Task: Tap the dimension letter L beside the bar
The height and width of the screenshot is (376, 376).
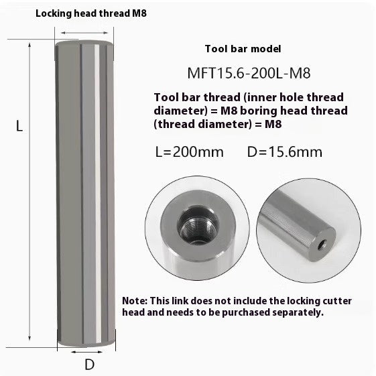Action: pyautogui.click(x=19, y=126)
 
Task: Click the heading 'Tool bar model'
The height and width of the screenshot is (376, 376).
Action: pyautogui.click(x=242, y=49)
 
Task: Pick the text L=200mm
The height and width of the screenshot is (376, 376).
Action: pyautogui.click(x=189, y=151)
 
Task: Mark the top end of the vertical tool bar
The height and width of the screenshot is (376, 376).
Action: pyautogui.click(x=84, y=44)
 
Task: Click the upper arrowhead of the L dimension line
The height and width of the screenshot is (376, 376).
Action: pyautogui.click(x=31, y=44)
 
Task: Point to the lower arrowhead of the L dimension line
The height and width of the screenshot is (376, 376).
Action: pyautogui.click(x=31, y=340)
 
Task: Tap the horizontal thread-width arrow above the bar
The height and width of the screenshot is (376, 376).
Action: pyautogui.click(x=83, y=32)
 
